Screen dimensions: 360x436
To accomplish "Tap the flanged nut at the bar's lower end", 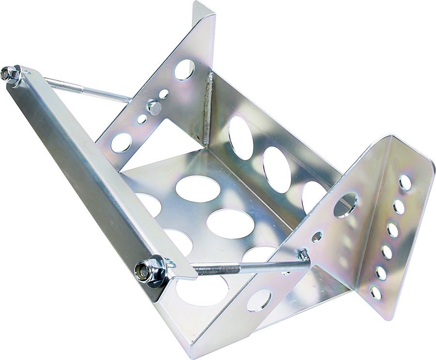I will (x=145, y=270).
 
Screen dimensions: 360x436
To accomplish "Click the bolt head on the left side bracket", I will (x=155, y=108).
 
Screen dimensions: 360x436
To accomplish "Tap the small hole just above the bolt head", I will (x=164, y=94).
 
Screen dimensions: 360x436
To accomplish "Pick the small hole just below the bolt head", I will (x=142, y=119).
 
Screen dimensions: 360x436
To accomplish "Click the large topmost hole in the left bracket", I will (x=185, y=69).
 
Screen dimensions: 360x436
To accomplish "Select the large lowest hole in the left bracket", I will (x=121, y=142).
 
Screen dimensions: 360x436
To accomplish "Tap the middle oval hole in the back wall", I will (x=277, y=169).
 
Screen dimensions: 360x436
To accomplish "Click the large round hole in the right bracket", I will (x=345, y=205).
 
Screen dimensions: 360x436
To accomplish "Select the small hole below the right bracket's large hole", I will (x=317, y=237).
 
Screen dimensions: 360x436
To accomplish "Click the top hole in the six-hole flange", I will (x=405, y=183).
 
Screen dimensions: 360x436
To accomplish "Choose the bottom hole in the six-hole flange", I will (x=375, y=292).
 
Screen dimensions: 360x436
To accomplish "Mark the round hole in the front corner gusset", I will (x=259, y=300).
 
